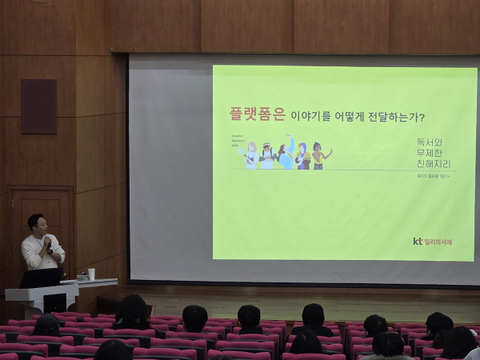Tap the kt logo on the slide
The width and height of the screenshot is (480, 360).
tap(417, 241)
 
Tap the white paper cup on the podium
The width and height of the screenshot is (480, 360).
tap(91, 274)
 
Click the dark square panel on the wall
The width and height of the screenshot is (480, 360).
tap(38, 106)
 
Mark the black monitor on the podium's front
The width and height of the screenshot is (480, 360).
tap(54, 303)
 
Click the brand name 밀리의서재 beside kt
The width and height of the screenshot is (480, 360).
tap(438, 241)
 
